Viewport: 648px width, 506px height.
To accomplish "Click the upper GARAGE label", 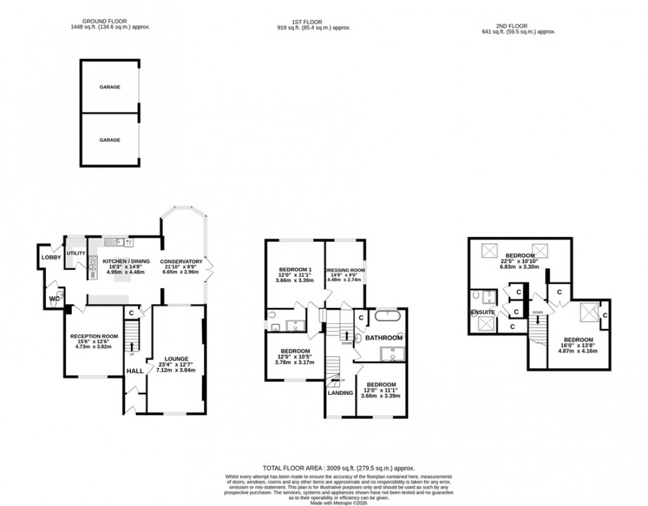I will pos(109,87).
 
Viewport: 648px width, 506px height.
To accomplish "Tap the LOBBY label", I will pos(51,257).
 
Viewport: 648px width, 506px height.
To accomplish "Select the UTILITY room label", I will pos(76,253).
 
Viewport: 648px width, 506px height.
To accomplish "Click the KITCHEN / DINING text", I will pos(121,262).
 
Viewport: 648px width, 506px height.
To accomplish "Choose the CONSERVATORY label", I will pos(181,262).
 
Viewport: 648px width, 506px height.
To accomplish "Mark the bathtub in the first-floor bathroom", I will pos(386,315).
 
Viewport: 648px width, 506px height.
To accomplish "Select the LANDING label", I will pos(340,393).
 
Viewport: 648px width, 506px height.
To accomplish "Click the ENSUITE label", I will pos(483,312).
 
